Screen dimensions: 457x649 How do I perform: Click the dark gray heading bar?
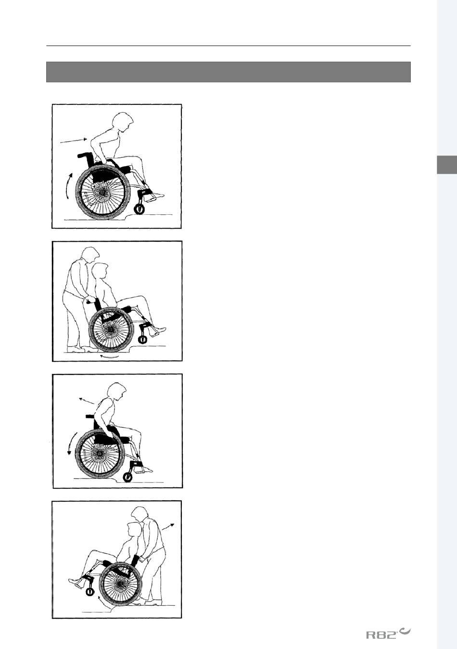pos(228,72)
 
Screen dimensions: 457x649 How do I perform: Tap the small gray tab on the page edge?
pos(447,165)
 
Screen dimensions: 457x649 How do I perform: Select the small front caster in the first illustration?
pos(140,209)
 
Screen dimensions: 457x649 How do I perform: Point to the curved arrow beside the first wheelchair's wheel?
pos(68,185)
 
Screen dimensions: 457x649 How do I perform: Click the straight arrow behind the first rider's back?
pos(74,141)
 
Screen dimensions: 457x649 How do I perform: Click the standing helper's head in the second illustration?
pos(90,255)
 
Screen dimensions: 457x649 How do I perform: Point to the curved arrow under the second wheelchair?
pos(109,356)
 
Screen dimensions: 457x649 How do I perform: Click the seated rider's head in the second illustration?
pos(101,271)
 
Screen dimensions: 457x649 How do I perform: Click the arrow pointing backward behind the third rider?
pos(87,401)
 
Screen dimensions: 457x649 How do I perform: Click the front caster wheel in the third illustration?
pos(127,477)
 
